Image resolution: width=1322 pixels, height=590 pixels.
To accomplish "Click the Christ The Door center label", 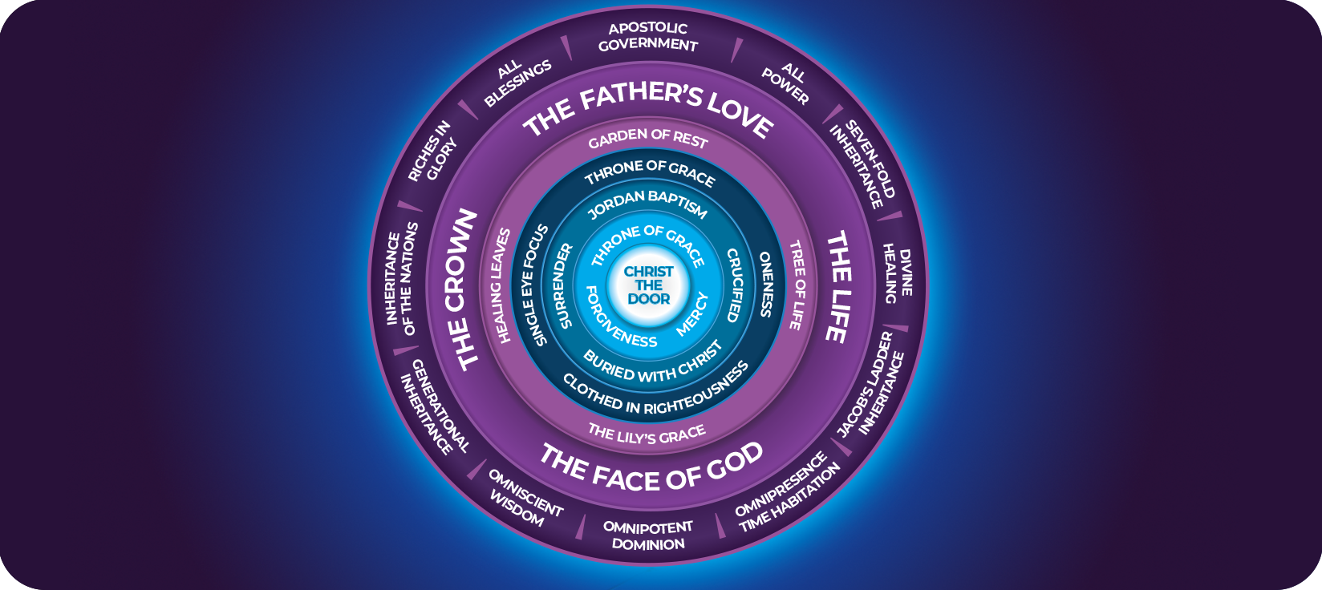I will (649, 285).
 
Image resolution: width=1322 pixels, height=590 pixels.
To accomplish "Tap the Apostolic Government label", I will (648, 37).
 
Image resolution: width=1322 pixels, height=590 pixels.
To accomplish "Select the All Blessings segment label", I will (517, 79).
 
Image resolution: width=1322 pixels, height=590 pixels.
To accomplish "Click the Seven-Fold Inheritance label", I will (863, 164).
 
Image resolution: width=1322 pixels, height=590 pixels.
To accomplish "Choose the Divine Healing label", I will (898, 273).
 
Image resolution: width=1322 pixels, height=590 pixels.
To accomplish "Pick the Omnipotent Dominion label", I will (648, 535).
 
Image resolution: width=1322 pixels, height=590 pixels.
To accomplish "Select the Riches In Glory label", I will (431, 152).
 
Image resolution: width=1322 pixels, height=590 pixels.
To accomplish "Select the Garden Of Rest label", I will (648, 139).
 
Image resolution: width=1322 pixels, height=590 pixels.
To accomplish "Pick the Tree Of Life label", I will (797, 285).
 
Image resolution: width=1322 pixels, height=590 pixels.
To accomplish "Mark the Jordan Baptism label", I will (647, 204).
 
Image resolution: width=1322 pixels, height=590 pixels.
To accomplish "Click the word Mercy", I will (692, 313).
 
